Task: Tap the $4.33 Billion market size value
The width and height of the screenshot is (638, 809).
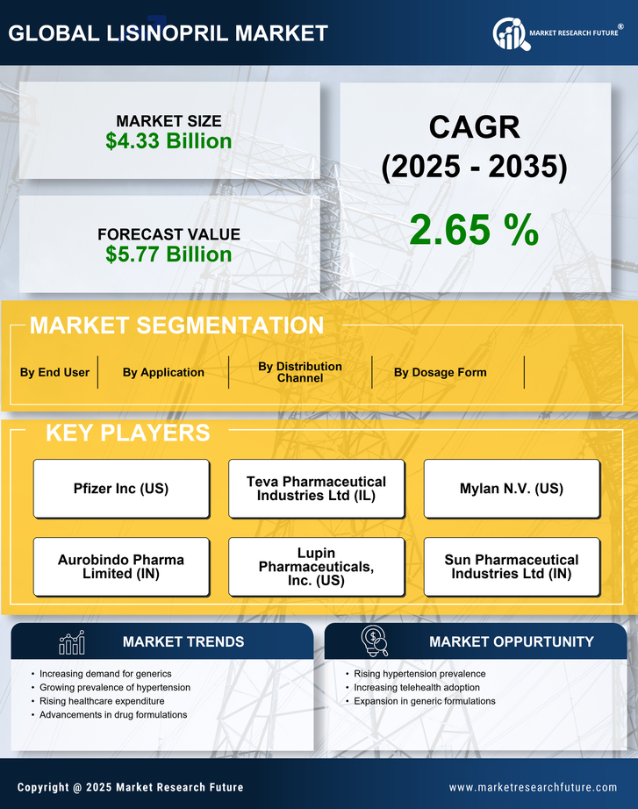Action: pyautogui.click(x=168, y=141)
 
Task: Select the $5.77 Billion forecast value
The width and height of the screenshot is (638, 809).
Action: pyautogui.click(x=168, y=254)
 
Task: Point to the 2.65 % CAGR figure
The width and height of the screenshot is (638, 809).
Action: pyautogui.click(x=474, y=230)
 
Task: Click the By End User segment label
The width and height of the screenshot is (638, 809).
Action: pyautogui.click(x=54, y=372)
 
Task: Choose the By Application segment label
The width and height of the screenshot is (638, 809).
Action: pyautogui.click(x=163, y=372)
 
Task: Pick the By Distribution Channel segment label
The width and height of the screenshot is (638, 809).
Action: pyautogui.click(x=300, y=372)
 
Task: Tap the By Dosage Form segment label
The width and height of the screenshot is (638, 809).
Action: pyautogui.click(x=440, y=372)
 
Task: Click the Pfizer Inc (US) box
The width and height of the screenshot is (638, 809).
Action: pyautogui.click(x=121, y=489)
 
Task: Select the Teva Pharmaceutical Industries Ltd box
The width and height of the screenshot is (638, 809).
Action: pyautogui.click(x=316, y=489)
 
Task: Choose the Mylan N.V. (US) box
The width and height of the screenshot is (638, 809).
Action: pyautogui.click(x=512, y=489)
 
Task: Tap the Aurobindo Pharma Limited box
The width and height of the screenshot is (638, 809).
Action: pyautogui.click(x=121, y=567)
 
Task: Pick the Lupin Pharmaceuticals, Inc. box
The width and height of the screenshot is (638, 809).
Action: pyautogui.click(x=316, y=567)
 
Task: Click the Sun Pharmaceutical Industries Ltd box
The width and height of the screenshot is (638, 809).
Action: pyautogui.click(x=512, y=567)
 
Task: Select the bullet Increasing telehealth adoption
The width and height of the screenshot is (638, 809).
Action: pyautogui.click(x=417, y=687)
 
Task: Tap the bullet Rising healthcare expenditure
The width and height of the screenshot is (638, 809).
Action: pyautogui.click(x=102, y=701)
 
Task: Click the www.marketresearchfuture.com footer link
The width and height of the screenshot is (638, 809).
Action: pyautogui.click(x=533, y=787)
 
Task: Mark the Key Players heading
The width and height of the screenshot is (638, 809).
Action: pyautogui.click(x=127, y=433)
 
